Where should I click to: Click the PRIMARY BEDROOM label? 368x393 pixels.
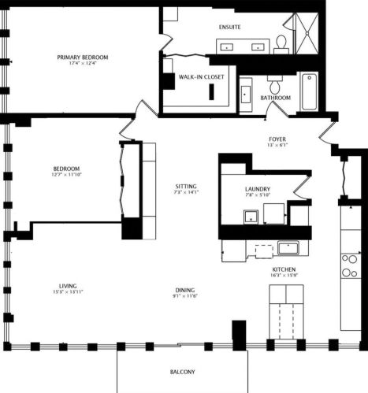(x=83, y=57)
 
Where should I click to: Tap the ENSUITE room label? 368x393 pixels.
(x=229, y=27)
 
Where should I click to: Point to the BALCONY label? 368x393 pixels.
(x=182, y=372)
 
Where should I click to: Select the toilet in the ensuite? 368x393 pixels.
(x=281, y=44)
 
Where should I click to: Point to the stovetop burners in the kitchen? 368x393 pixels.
(x=348, y=267)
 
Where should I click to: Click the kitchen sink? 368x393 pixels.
(x=288, y=249)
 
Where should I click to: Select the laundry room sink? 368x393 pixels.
(x=251, y=216)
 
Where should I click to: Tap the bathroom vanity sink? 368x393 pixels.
(x=245, y=95)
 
